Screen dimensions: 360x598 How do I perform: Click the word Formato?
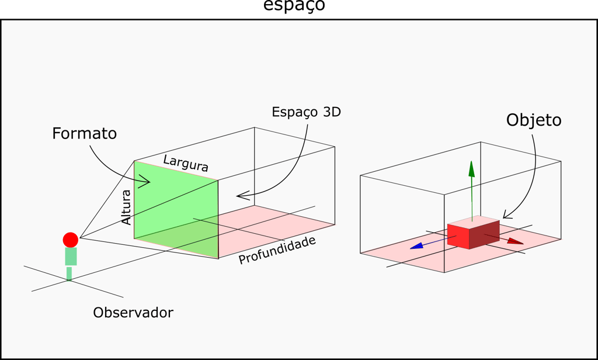[84, 134]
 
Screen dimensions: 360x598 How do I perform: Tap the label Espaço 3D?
[306, 112]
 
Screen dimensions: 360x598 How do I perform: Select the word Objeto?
[533, 120]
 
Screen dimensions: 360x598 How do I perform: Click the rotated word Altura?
[127, 207]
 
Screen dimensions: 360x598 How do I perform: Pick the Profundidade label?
[277, 250]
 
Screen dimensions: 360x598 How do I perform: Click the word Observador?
[133, 313]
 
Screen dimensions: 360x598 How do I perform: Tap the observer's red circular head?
[71, 240]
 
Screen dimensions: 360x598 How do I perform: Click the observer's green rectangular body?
[71, 257]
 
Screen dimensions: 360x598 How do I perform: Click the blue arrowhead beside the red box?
[416, 246]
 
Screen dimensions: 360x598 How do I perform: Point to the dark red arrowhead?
[516, 241]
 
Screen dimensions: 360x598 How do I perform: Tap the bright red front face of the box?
[459, 236]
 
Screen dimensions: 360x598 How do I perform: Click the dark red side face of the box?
[485, 234]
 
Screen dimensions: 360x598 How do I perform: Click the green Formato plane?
[175, 205]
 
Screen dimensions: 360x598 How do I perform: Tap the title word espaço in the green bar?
[294, 6]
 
